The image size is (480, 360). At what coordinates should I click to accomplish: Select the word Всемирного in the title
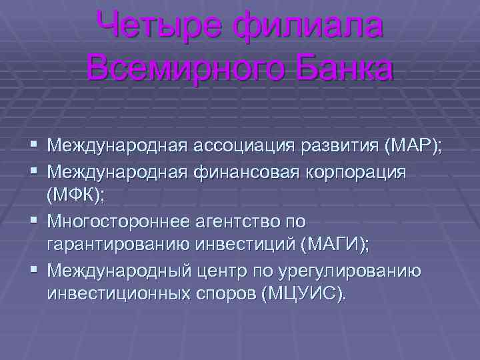[185, 69]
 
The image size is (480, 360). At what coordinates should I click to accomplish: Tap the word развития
[340, 146]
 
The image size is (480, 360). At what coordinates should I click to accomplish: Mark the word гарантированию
[118, 245]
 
